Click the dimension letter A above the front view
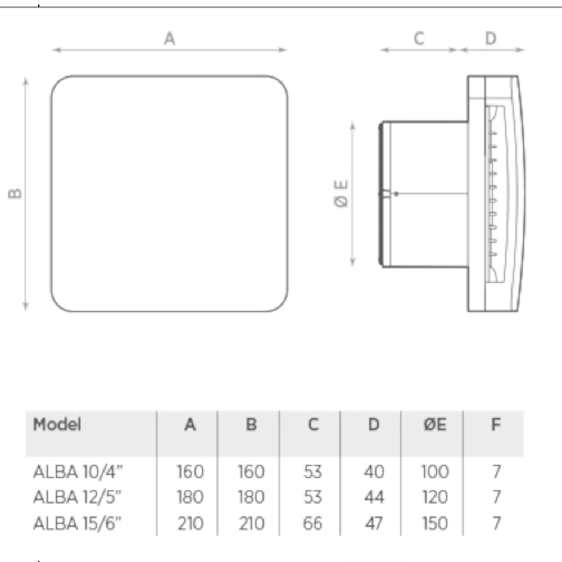coord(170,38)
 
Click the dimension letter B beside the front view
coord(15,193)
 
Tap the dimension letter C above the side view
coord(419,38)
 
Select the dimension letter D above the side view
coord(491,38)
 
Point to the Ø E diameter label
coord(341,193)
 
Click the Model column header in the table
coord(57,425)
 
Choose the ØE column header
coord(435,425)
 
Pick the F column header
coord(496,425)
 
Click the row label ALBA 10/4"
coord(78,472)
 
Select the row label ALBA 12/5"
coord(78,497)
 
